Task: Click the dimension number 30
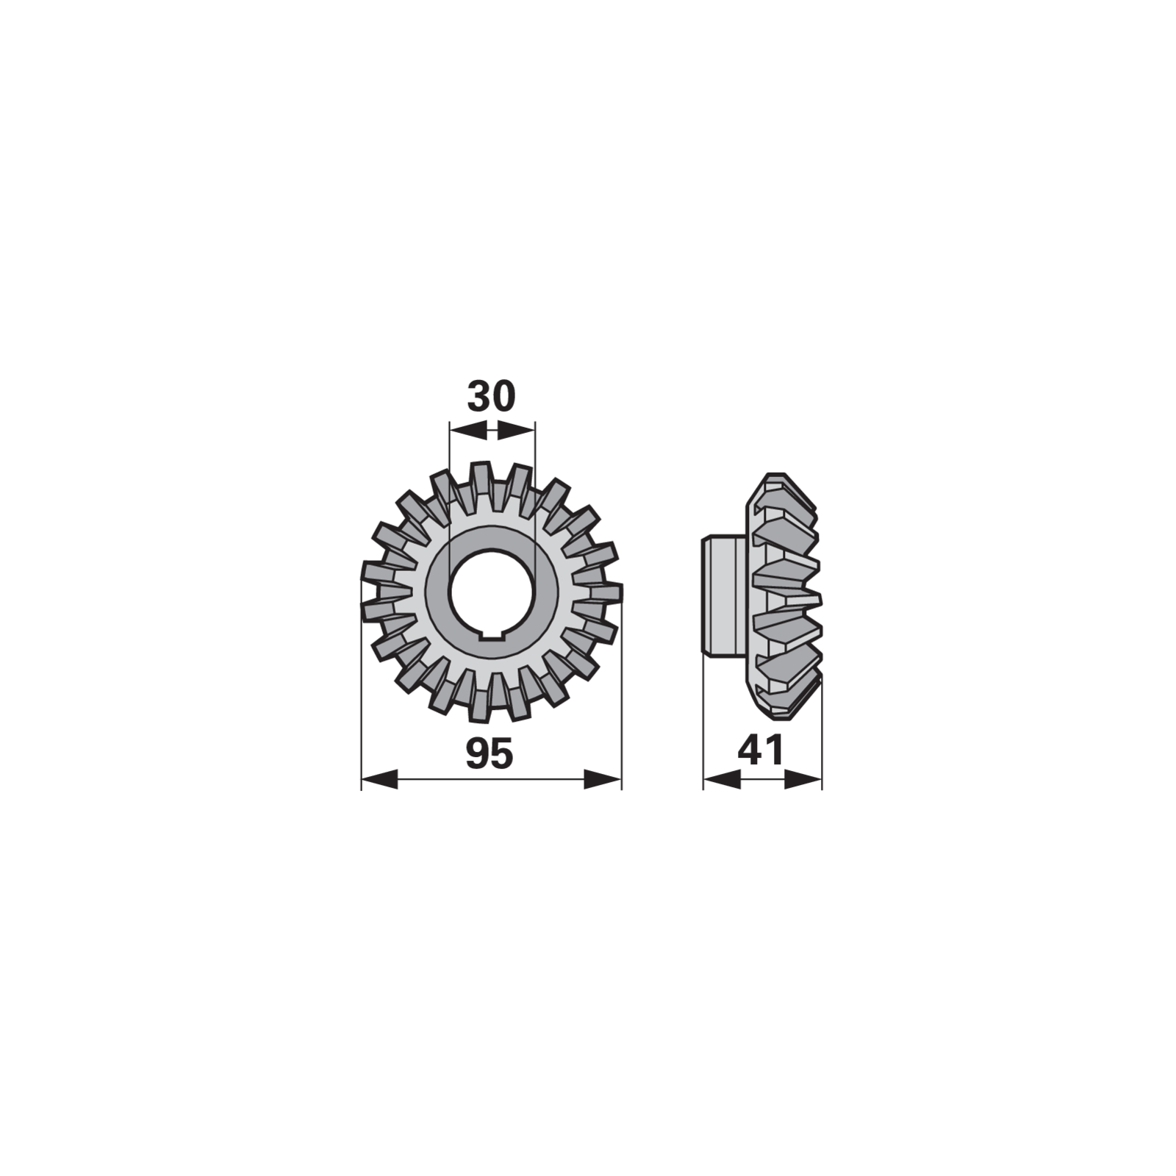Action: (x=492, y=397)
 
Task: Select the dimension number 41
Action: (x=761, y=750)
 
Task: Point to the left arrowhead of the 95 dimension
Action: (x=380, y=779)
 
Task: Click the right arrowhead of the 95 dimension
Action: (x=603, y=779)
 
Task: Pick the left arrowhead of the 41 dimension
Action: (x=722, y=779)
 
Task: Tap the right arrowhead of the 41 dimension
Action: (x=803, y=779)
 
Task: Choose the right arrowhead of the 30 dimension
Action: (x=516, y=431)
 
